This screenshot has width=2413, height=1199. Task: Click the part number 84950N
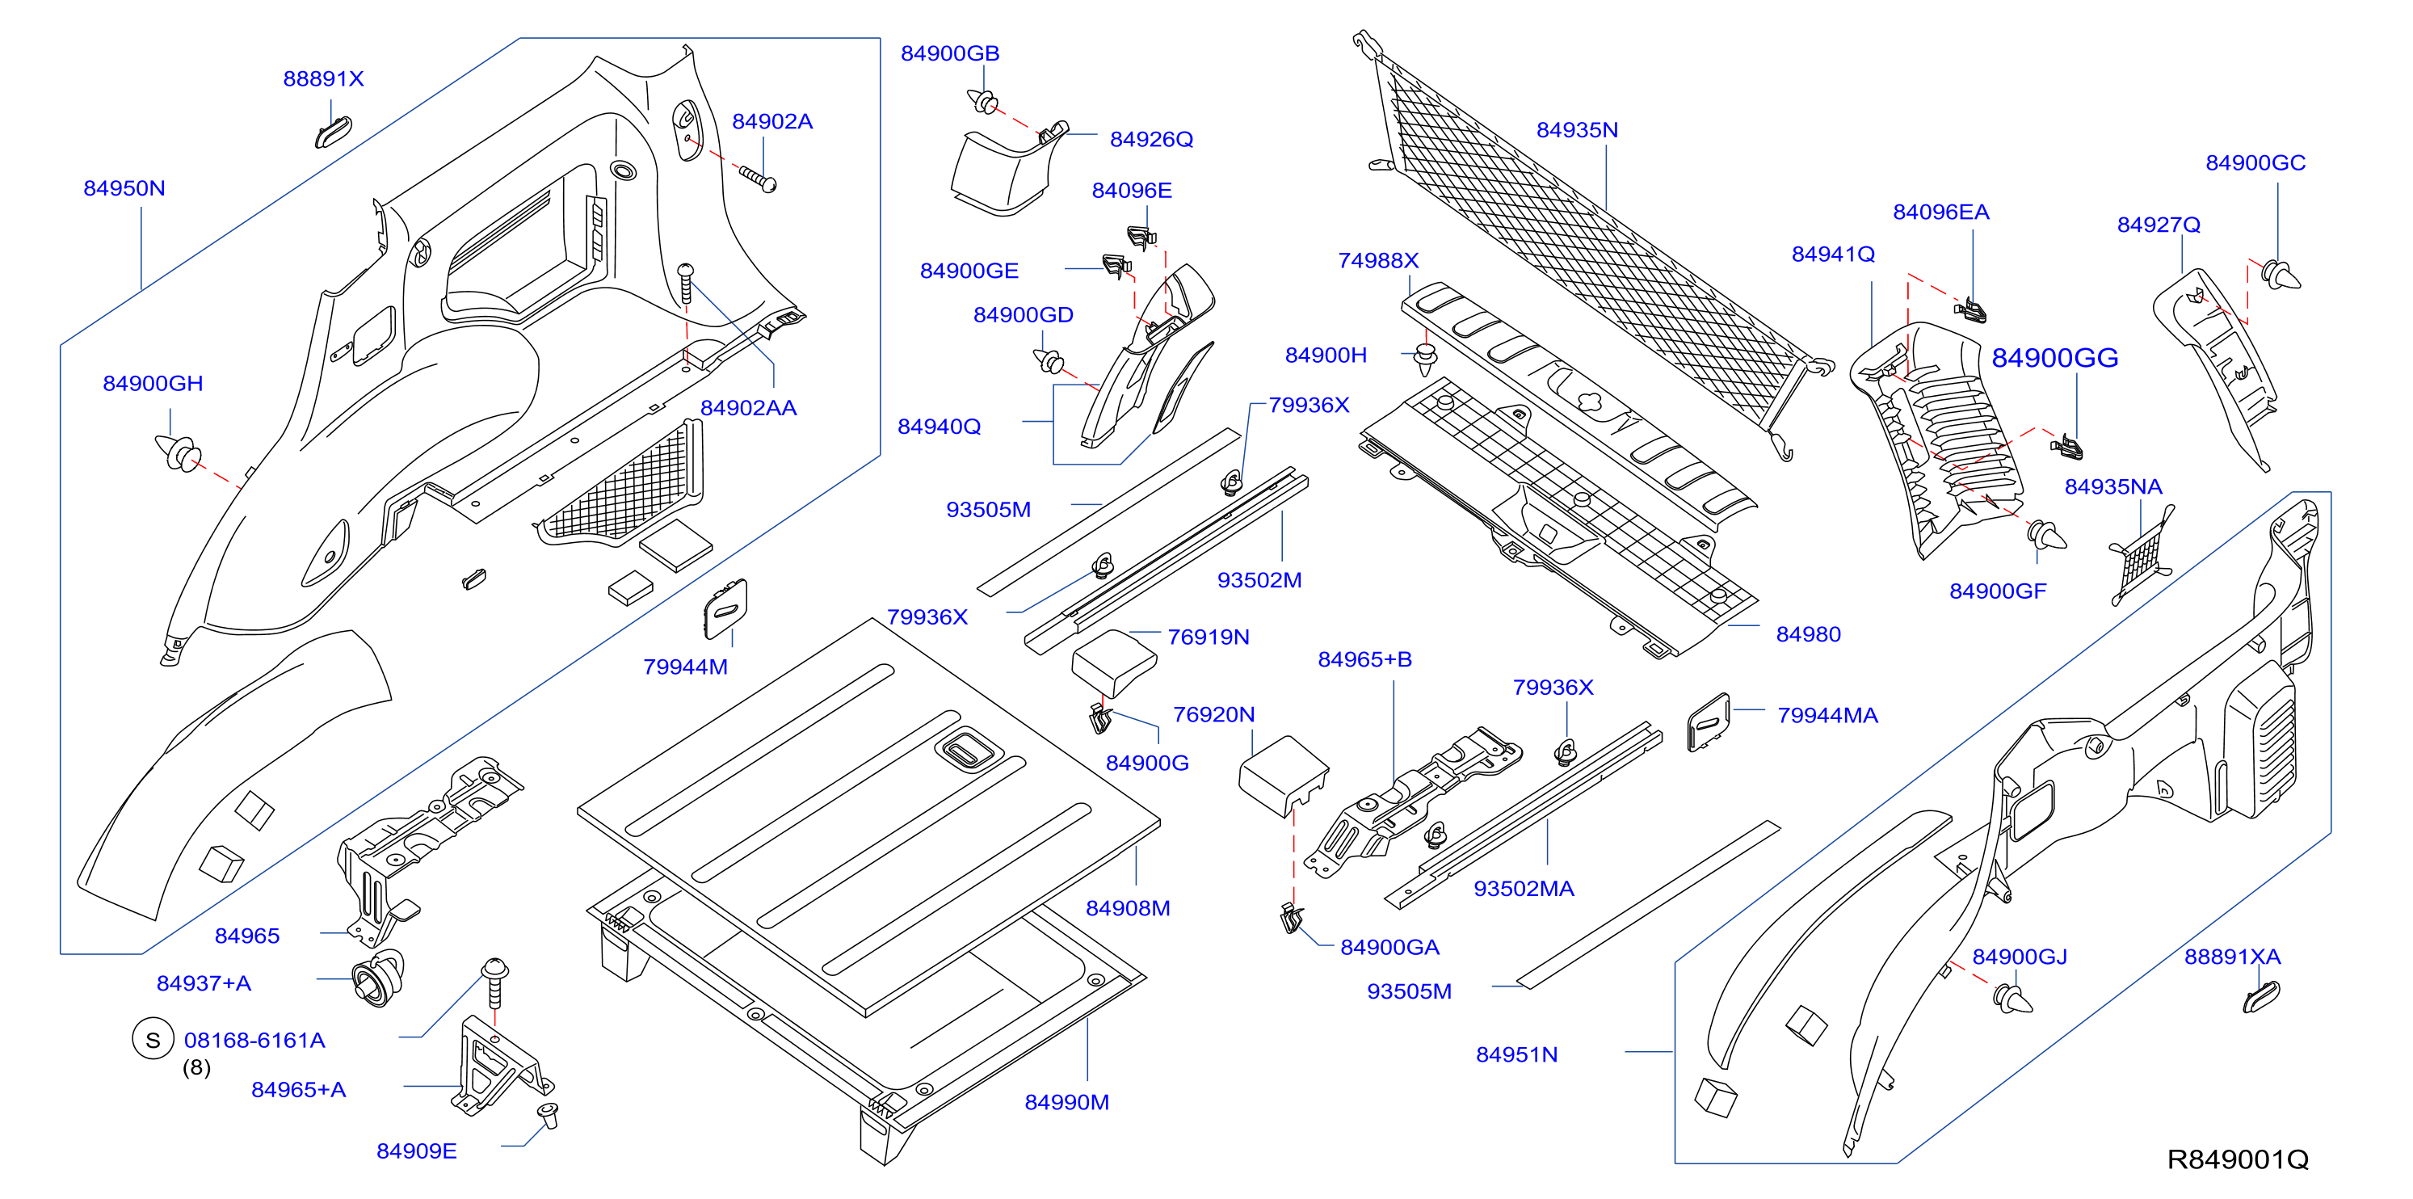click(124, 188)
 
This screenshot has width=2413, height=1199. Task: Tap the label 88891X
click(323, 78)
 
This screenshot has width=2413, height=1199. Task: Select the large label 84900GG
click(2054, 358)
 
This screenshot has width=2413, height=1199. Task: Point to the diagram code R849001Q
click(2238, 1159)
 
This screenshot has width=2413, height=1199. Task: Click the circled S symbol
click(153, 1039)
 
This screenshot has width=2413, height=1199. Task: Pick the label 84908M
click(1128, 907)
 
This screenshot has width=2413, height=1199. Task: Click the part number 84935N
click(1578, 130)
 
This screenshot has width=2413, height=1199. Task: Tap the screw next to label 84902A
click(758, 178)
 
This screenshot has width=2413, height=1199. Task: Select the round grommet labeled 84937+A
click(378, 978)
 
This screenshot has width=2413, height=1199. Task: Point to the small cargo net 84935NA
click(2142, 557)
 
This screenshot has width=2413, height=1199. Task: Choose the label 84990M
click(1067, 1103)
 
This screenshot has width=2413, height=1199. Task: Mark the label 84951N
click(1516, 1054)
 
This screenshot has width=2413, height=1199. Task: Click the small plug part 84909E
click(548, 1115)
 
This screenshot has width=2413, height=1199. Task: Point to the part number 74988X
click(1378, 260)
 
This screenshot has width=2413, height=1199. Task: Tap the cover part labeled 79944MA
click(1709, 722)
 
